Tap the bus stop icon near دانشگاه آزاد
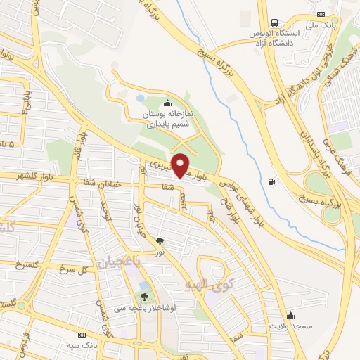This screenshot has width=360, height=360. pyautogui.click(x=273, y=22)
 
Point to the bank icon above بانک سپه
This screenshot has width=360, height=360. pyautogui.click(x=83, y=334)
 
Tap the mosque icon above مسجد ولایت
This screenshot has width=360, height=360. pyautogui.click(x=290, y=315)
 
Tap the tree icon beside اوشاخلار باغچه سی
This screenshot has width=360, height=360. pyautogui.click(x=145, y=297)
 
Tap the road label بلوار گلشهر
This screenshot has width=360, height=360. pyautogui.click(x=22, y=174)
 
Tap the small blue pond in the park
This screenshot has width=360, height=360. pyautogui.click(x=139, y=98)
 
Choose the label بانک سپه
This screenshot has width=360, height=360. pyautogui.click(x=96, y=346)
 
